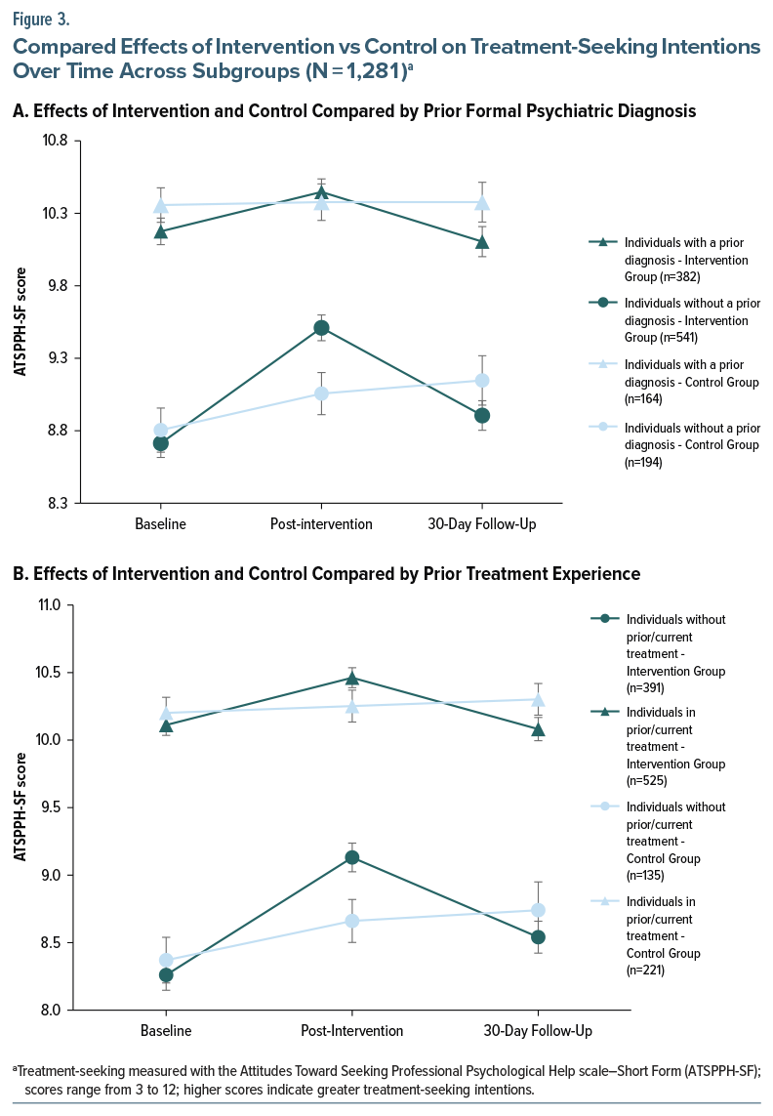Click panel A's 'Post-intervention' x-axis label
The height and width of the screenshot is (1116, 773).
point(321,524)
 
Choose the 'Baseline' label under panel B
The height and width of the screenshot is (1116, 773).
point(166,1031)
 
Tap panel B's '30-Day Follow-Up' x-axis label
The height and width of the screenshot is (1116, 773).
point(538,1031)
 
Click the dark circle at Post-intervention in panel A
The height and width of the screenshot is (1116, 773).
point(321,328)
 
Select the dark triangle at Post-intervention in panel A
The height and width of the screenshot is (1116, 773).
point(321,191)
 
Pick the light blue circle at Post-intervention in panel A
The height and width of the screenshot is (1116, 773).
point(321,393)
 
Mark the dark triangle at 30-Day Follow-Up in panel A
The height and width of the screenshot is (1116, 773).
point(482,241)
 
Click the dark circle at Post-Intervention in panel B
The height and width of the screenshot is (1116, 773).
point(351,857)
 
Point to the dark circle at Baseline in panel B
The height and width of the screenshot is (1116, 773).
point(166,974)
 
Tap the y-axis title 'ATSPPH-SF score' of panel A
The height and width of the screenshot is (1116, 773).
point(21,322)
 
